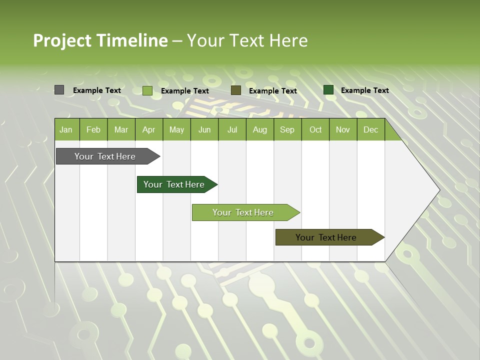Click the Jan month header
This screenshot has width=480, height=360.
[66, 129]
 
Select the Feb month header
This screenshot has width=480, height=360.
[93, 129]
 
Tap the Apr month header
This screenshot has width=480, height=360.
[148, 129]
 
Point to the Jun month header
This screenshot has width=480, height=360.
[204, 129]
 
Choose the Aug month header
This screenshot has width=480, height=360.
[259, 129]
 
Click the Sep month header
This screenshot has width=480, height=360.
[287, 129]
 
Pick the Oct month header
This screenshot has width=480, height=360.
[315, 129]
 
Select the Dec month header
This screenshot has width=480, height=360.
[370, 129]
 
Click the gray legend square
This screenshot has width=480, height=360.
[59, 90]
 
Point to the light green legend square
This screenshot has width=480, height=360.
[147, 90]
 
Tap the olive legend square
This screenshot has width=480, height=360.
[236, 90]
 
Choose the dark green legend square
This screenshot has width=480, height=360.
[328, 90]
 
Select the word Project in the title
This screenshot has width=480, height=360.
[62, 40]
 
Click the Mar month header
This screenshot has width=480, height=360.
[121, 129]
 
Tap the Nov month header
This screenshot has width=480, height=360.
[342, 129]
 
